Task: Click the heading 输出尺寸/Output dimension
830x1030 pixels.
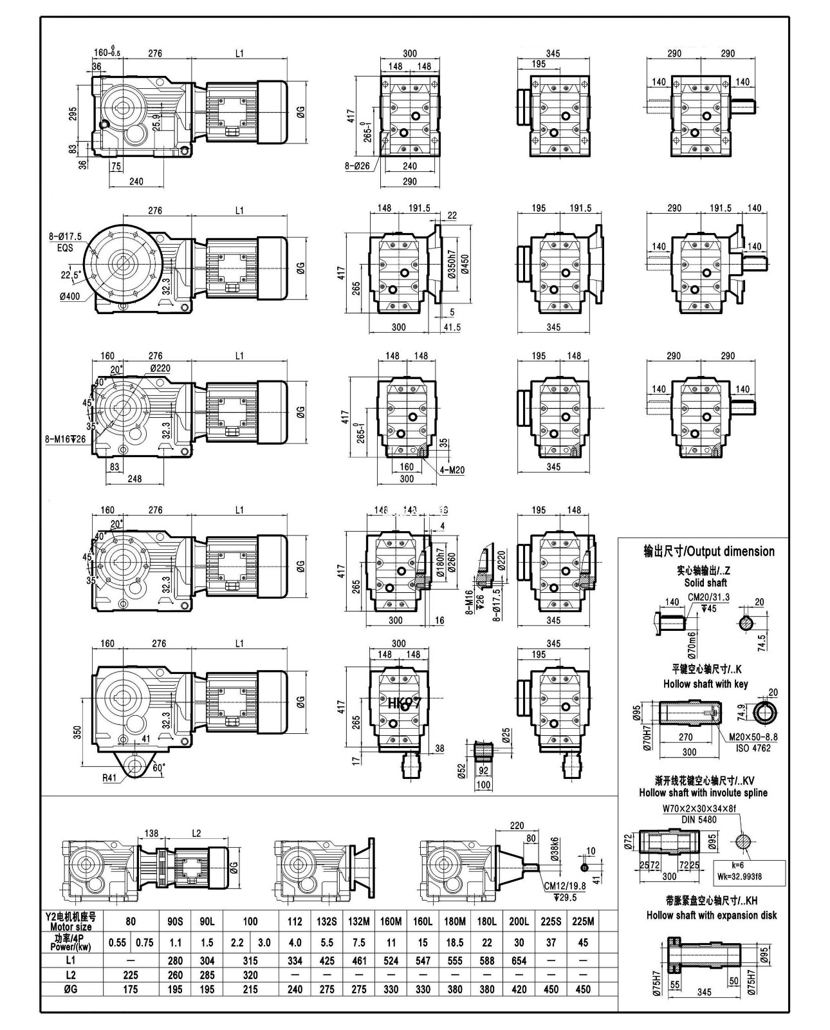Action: [709, 551]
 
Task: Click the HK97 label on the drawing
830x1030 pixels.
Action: [404, 702]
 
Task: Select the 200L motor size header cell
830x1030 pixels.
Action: [519, 921]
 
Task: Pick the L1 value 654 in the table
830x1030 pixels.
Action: [519, 960]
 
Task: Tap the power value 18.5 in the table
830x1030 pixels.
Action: [454, 942]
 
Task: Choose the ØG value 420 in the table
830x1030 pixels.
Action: [519, 989]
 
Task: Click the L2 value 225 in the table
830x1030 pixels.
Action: [131, 975]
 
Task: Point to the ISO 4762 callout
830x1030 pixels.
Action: [753, 748]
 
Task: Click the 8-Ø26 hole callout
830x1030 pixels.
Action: [357, 165]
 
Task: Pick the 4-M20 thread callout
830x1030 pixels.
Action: [452, 470]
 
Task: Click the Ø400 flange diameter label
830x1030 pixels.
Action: [71, 296]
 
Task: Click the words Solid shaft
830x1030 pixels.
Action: [705, 583]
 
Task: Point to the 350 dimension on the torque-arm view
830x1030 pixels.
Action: [77, 732]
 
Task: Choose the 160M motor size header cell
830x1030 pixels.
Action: [391, 921]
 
